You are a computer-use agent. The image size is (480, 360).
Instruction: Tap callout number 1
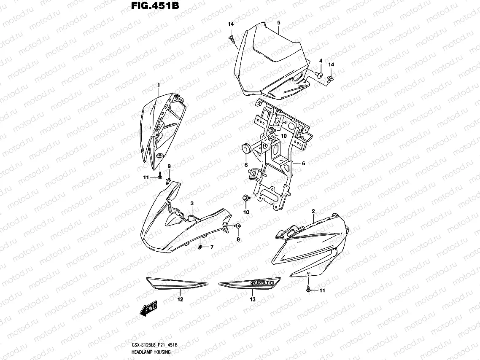click(x=159, y=85)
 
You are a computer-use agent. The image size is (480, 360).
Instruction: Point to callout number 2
click(x=313, y=210)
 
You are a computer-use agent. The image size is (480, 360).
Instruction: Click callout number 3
click(x=192, y=204)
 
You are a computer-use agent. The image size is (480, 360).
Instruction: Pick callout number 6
click(x=303, y=163)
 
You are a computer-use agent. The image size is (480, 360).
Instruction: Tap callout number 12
click(x=181, y=300)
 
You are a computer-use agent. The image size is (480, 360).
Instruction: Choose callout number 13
click(x=253, y=300)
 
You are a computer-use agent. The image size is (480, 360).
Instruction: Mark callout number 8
click(x=246, y=165)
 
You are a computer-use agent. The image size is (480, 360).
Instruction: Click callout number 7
click(x=212, y=247)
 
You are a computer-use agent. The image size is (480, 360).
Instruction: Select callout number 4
click(x=321, y=61)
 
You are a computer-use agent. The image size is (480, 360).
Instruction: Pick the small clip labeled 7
click(x=201, y=247)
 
